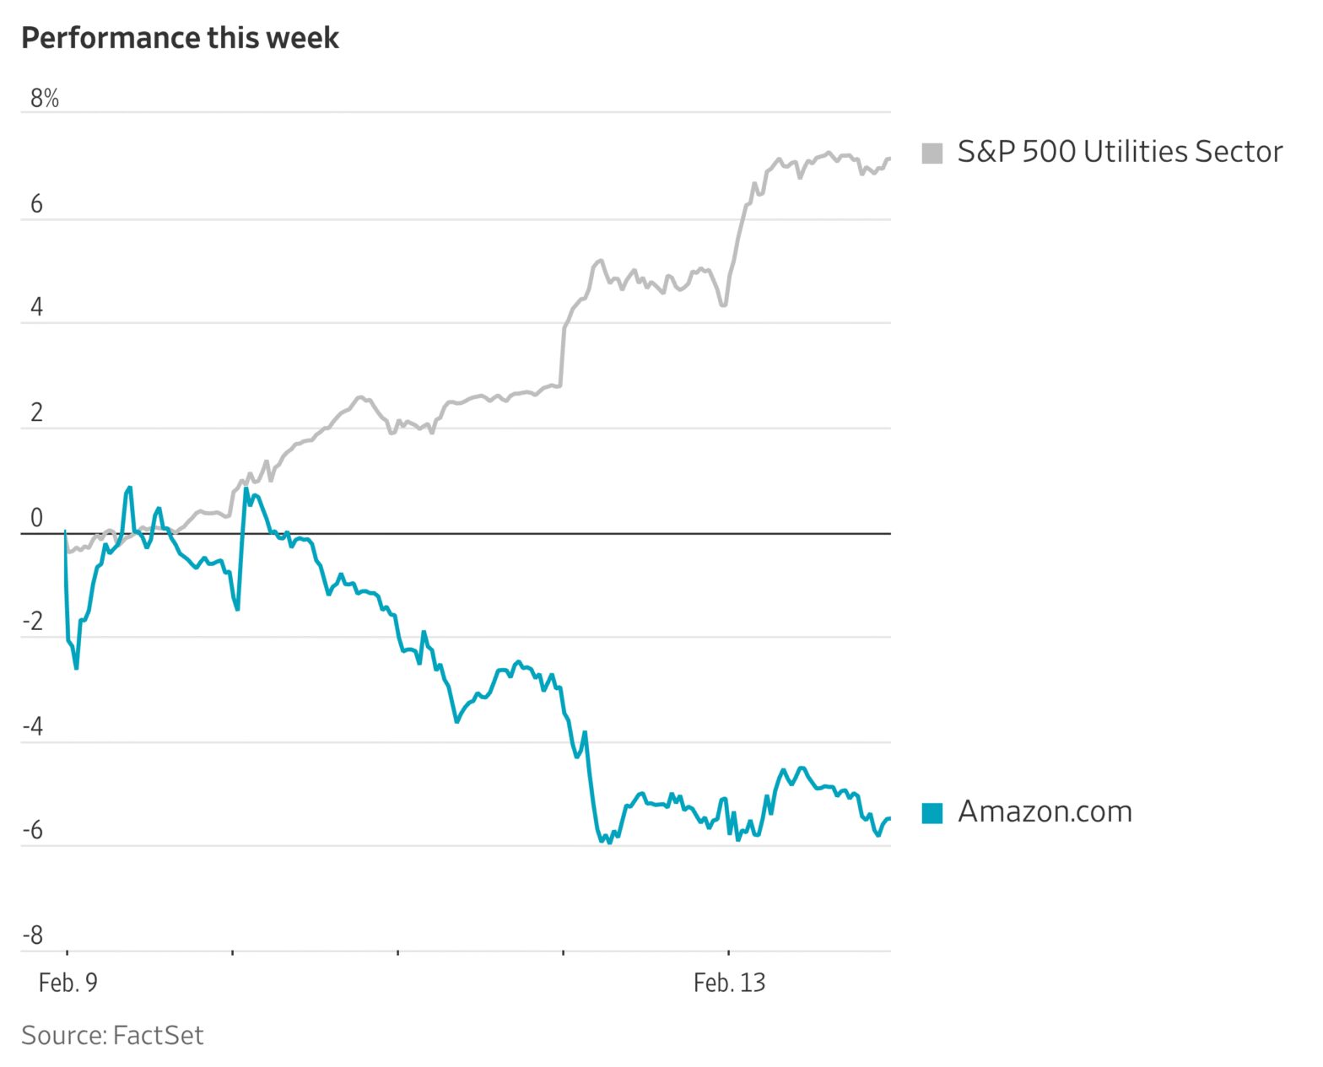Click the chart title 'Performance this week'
pyautogui.click(x=180, y=38)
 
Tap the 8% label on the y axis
pyautogui.click(x=45, y=99)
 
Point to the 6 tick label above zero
pyautogui.click(x=36, y=204)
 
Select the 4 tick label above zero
pyautogui.click(x=36, y=307)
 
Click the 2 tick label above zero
pyautogui.click(x=36, y=412)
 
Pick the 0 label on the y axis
pyautogui.click(x=36, y=518)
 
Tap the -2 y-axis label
pyautogui.click(x=33, y=622)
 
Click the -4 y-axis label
pyautogui.click(x=33, y=726)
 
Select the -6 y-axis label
pyautogui.click(x=33, y=830)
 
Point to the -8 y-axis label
pyautogui.click(x=33, y=935)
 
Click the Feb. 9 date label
pyautogui.click(x=68, y=983)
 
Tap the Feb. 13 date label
pyautogui.click(x=729, y=983)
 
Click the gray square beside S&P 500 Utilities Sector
pyautogui.click(x=932, y=153)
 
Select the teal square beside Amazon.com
pyautogui.click(x=932, y=812)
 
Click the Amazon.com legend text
pyautogui.click(x=1045, y=811)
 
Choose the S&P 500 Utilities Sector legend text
pyautogui.click(x=1120, y=152)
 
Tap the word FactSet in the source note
pyautogui.click(x=158, y=1035)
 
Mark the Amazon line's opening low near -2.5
pyautogui.click(x=76, y=668)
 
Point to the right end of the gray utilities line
pyautogui.click(x=889, y=159)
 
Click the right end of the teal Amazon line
pyautogui.click(x=889, y=818)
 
